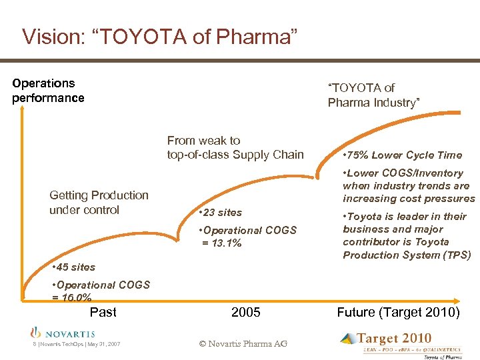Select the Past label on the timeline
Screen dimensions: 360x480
pos(103,312)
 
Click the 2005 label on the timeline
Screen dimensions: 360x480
pos(245,312)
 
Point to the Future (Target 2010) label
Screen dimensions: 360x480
pos(398,312)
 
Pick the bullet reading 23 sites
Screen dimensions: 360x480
pos(222,213)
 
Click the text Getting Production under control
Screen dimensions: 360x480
pos(99,203)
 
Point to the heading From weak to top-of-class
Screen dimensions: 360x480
pos(235,148)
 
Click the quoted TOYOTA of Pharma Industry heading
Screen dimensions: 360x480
pos(373,95)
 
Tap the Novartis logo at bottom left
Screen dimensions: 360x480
pos(63,332)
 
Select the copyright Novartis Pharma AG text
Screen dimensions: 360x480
pos(243,343)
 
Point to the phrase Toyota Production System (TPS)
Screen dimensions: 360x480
pos(407,255)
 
